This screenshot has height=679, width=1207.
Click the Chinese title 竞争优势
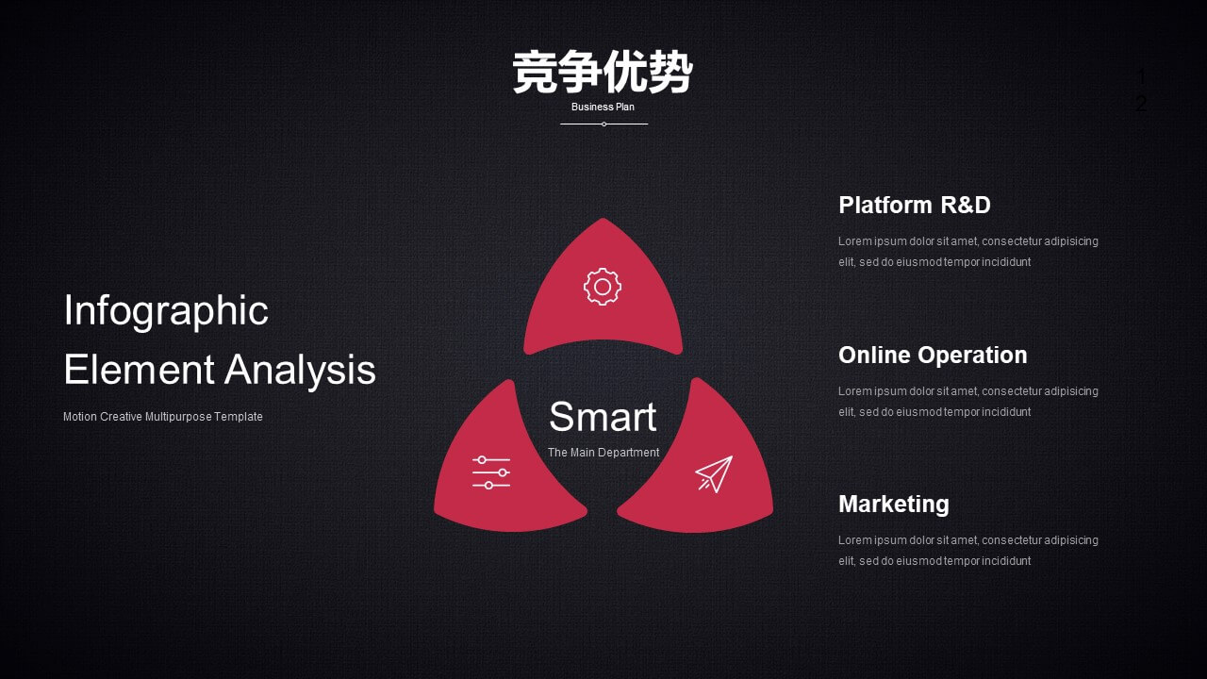[603, 73]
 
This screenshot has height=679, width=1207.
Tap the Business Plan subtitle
[603, 107]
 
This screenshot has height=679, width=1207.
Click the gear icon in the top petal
[603, 287]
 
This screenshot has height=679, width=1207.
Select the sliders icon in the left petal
[491, 472]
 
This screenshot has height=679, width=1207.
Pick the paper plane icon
[714, 474]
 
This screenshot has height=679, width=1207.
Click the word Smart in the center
[603, 417]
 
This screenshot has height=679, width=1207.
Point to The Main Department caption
[603, 453]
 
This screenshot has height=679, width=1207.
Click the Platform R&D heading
[915, 205]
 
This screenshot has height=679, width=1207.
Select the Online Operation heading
[933, 356]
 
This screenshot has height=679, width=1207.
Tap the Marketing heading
[894, 505]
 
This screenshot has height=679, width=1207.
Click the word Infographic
[166, 311]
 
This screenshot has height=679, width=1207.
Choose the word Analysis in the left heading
[300, 371]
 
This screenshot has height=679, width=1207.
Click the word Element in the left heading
[139, 370]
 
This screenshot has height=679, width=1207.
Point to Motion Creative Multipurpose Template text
[163, 417]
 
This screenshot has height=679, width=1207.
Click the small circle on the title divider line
[604, 124]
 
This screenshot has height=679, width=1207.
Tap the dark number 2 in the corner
[1141, 104]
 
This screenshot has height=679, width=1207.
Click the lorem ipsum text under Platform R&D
[968, 252]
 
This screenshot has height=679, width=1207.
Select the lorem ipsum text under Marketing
[968, 551]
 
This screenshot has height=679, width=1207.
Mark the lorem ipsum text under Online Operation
[968, 402]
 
